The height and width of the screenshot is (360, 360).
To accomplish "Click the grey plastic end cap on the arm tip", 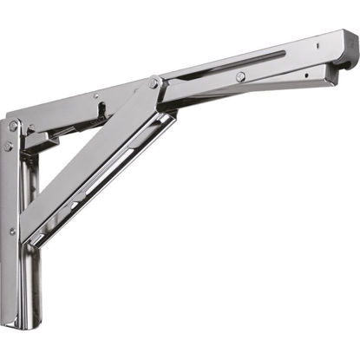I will pyautogui.click(x=350, y=55).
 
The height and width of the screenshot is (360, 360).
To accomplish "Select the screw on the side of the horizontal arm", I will pyautogui.click(x=239, y=77).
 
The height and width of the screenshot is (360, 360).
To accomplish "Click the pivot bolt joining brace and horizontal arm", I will pyautogui.click(x=154, y=83).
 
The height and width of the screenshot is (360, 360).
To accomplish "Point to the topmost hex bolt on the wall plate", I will pyautogui.click(x=13, y=126).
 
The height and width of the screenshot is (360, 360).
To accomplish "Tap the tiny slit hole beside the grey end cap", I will pyautogui.click(x=340, y=42).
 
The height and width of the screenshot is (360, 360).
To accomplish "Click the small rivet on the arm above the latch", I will pyautogui.click(x=96, y=96).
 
